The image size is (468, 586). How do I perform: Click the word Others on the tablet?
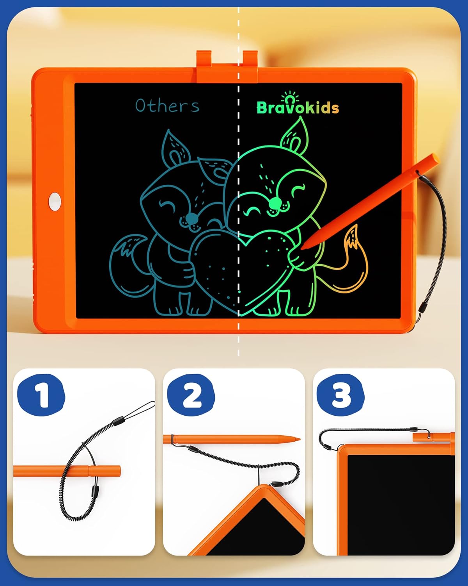[167, 105]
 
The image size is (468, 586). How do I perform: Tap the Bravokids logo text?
[298, 108]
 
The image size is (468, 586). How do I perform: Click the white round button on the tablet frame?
[55, 201]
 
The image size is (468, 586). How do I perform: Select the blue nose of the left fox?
[191, 218]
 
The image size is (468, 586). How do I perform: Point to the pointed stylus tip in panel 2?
[298, 439]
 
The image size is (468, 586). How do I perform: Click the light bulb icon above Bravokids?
[290, 98]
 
